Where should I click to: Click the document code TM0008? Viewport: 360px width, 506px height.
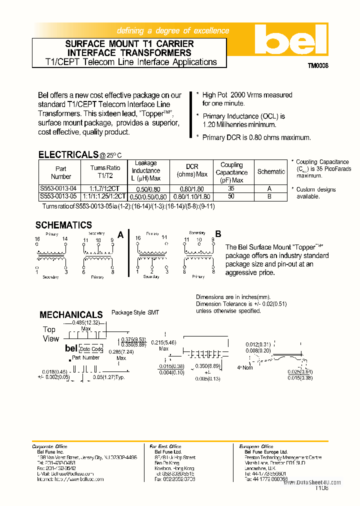(x=317, y=65)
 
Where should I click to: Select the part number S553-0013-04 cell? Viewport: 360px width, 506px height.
(x=58, y=189)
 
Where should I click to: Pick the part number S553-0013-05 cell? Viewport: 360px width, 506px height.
(x=58, y=196)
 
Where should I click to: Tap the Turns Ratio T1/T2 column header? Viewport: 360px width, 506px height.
(x=105, y=172)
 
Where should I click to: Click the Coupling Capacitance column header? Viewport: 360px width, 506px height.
(x=231, y=172)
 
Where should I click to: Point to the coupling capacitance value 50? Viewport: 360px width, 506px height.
(x=231, y=196)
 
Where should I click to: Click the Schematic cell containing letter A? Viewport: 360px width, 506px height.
(x=270, y=189)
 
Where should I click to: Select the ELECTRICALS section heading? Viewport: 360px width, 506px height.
(x=68, y=154)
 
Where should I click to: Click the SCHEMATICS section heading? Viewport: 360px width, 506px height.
(x=63, y=225)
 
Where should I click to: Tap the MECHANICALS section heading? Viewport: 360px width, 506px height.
(x=71, y=314)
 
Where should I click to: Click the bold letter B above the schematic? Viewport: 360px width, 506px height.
(x=218, y=234)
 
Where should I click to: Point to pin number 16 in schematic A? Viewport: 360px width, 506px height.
(x=37, y=239)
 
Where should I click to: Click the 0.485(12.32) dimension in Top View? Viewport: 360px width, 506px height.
(x=86, y=322)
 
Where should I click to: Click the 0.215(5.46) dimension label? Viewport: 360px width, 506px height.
(x=163, y=342)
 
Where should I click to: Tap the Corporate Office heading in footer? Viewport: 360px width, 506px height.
(x=49, y=446)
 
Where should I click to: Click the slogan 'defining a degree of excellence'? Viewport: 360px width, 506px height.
(x=173, y=30)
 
